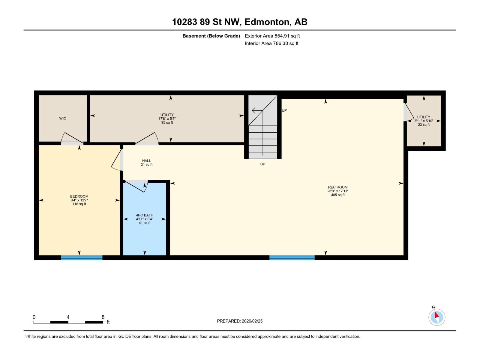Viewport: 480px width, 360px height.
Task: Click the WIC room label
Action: (x=63, y=118)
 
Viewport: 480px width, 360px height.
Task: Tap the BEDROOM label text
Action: (x=79, y=196)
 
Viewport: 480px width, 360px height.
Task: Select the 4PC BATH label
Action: (x=145, y=215)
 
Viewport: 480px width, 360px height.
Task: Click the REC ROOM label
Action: (x=338, y=187)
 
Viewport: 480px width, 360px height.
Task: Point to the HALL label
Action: (x=146, y=161)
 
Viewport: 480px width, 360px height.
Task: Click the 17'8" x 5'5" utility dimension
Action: (x=167, y=118)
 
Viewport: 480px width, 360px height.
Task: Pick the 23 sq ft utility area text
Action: (x=424, y=124)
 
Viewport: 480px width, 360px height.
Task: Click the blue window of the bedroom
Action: (x=82, y=258)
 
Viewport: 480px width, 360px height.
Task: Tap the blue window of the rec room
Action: (x=292, y=258)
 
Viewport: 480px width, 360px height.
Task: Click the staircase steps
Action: (x=263, y=141)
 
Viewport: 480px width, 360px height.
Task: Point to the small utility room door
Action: (x=408, y=112)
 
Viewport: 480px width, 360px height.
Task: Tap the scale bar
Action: (x=68, y=322)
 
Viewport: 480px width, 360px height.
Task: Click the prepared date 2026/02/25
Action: (x=252, y=321)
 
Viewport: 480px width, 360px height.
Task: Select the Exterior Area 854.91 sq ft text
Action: (x=272, y=36)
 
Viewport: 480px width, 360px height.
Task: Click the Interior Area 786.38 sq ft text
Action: (x=271, y=43)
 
